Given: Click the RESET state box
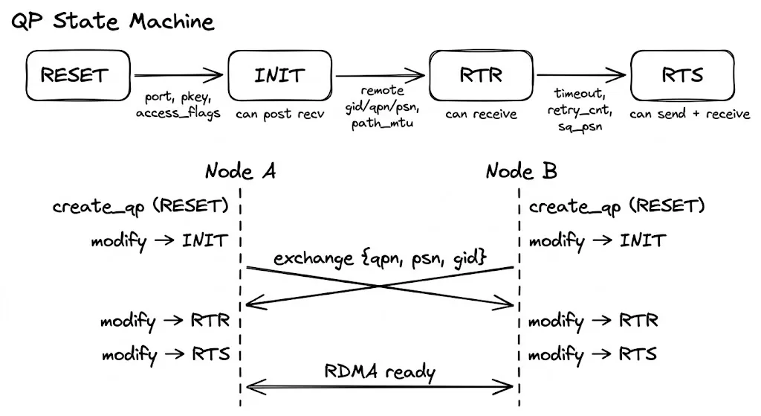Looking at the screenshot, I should pos(74,75).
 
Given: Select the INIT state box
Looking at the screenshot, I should pos(279,75).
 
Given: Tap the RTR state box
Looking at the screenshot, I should pos(481,75).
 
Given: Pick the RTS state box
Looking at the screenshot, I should pos(681,75).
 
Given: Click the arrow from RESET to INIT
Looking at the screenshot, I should pos(178,74).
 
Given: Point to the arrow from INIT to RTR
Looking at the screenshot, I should pos(380,74).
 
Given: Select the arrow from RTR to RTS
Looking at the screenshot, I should pos(582,74).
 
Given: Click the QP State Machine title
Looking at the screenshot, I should pos(112,22).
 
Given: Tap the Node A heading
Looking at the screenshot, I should pos(241,171).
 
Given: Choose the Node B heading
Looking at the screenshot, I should pos(521,171).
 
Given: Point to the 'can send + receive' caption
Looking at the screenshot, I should pos(690,115).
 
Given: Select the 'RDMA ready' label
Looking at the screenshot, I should pos(379,371).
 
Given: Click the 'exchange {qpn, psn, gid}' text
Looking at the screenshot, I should pos(380,259).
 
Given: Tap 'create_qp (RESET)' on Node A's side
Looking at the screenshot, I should pos(140,206).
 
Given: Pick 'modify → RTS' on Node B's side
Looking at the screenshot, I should pos(592,353).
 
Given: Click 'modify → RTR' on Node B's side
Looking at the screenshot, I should pos(592,321).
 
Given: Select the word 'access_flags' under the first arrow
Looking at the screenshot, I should pos(178,114).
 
